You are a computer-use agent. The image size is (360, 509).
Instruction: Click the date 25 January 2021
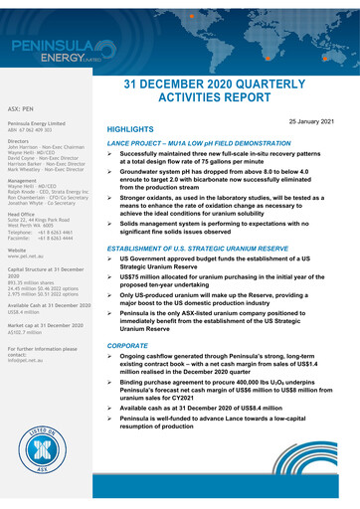[317, 119]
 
